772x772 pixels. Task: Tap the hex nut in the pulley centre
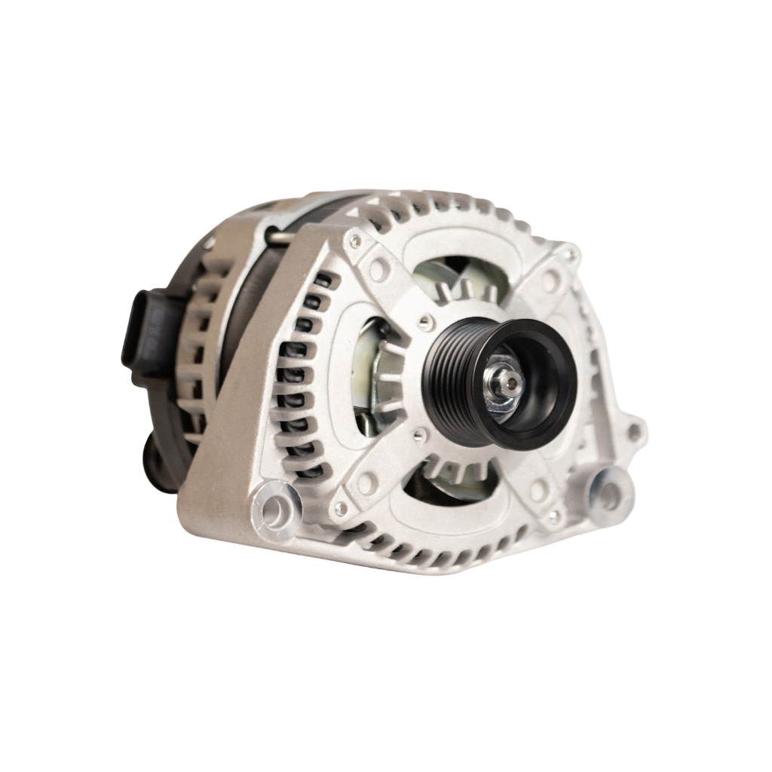[x=510, y=384]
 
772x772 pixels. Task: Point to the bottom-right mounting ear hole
[x=608, y=495]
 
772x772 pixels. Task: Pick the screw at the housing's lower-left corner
[x=342, y=509]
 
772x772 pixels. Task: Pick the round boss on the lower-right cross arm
[x=540, y=490]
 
